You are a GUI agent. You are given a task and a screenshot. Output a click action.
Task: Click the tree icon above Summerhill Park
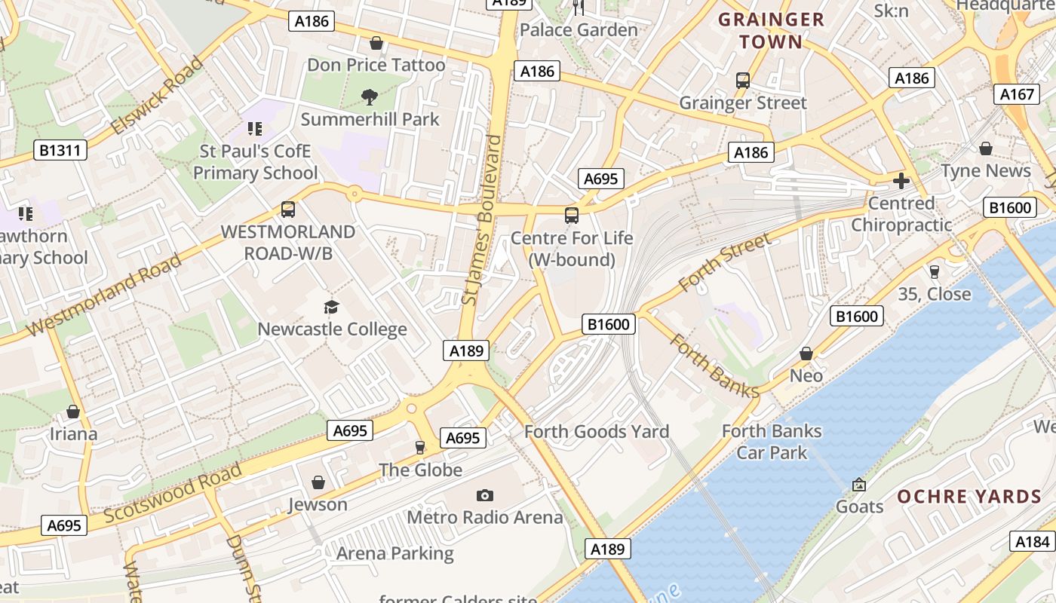click(x=370, y=96)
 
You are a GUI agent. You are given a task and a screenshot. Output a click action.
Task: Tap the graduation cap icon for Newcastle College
click(x=331, y=307)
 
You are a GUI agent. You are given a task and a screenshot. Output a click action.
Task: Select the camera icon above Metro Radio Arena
click(x=485, y=495)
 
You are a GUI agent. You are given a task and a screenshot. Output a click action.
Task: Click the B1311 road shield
click(x=60, y=150)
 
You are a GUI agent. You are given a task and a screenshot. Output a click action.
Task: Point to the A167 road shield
click(x=1016, y=94)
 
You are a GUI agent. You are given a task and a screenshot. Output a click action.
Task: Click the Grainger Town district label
click(x=771, y=30)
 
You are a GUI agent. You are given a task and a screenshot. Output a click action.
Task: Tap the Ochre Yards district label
click(x=969, y=497)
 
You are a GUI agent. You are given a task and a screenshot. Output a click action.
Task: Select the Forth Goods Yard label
click(x=596, y=432)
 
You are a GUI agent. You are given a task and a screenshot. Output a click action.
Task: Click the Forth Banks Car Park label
click(x=772, y=442)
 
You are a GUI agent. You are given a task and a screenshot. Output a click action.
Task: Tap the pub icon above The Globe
click(x=420, y=448)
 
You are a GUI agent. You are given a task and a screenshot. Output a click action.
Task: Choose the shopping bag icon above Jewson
click(x=318, y=482)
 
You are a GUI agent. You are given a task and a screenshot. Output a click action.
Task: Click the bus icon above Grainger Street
click(x=743, y=81)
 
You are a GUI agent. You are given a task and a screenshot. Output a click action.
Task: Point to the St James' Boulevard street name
click(x=481, y=220)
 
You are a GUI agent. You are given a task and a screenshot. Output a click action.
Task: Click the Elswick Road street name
click(x=157, y=96)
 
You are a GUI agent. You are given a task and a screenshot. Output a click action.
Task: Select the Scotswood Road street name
click(x=173, y=494)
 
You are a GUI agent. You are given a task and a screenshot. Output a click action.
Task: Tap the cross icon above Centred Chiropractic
click(x=901, y=181)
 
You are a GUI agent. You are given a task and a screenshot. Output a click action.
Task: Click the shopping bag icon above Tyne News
click(x=985, y=148)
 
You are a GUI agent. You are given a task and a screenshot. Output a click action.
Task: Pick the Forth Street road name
click(x=724, y=262)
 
